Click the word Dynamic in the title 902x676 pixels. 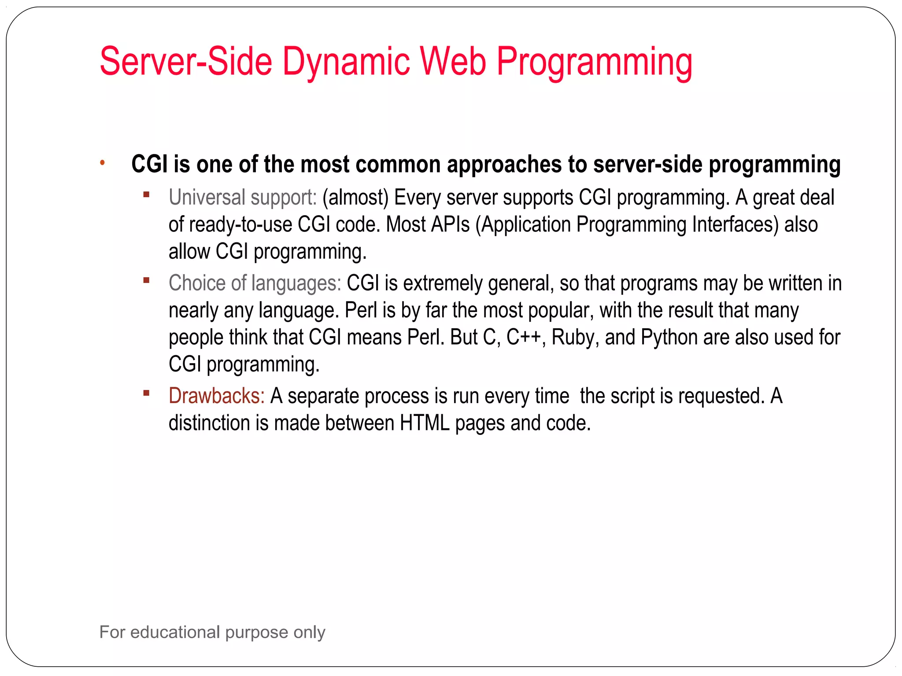pos(346,62)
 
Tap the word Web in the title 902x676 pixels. pos(453,62)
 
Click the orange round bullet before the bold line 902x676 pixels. pos(102,163)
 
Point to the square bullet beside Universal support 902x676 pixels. pos(147,194)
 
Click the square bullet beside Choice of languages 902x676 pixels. pos(147,280)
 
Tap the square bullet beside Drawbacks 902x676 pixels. pos(147,393)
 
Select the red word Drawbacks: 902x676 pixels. pos(216,396)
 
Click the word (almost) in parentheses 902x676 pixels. pos(355,197)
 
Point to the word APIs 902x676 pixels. pos(450,224)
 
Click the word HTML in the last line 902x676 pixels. pos(425,423)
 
